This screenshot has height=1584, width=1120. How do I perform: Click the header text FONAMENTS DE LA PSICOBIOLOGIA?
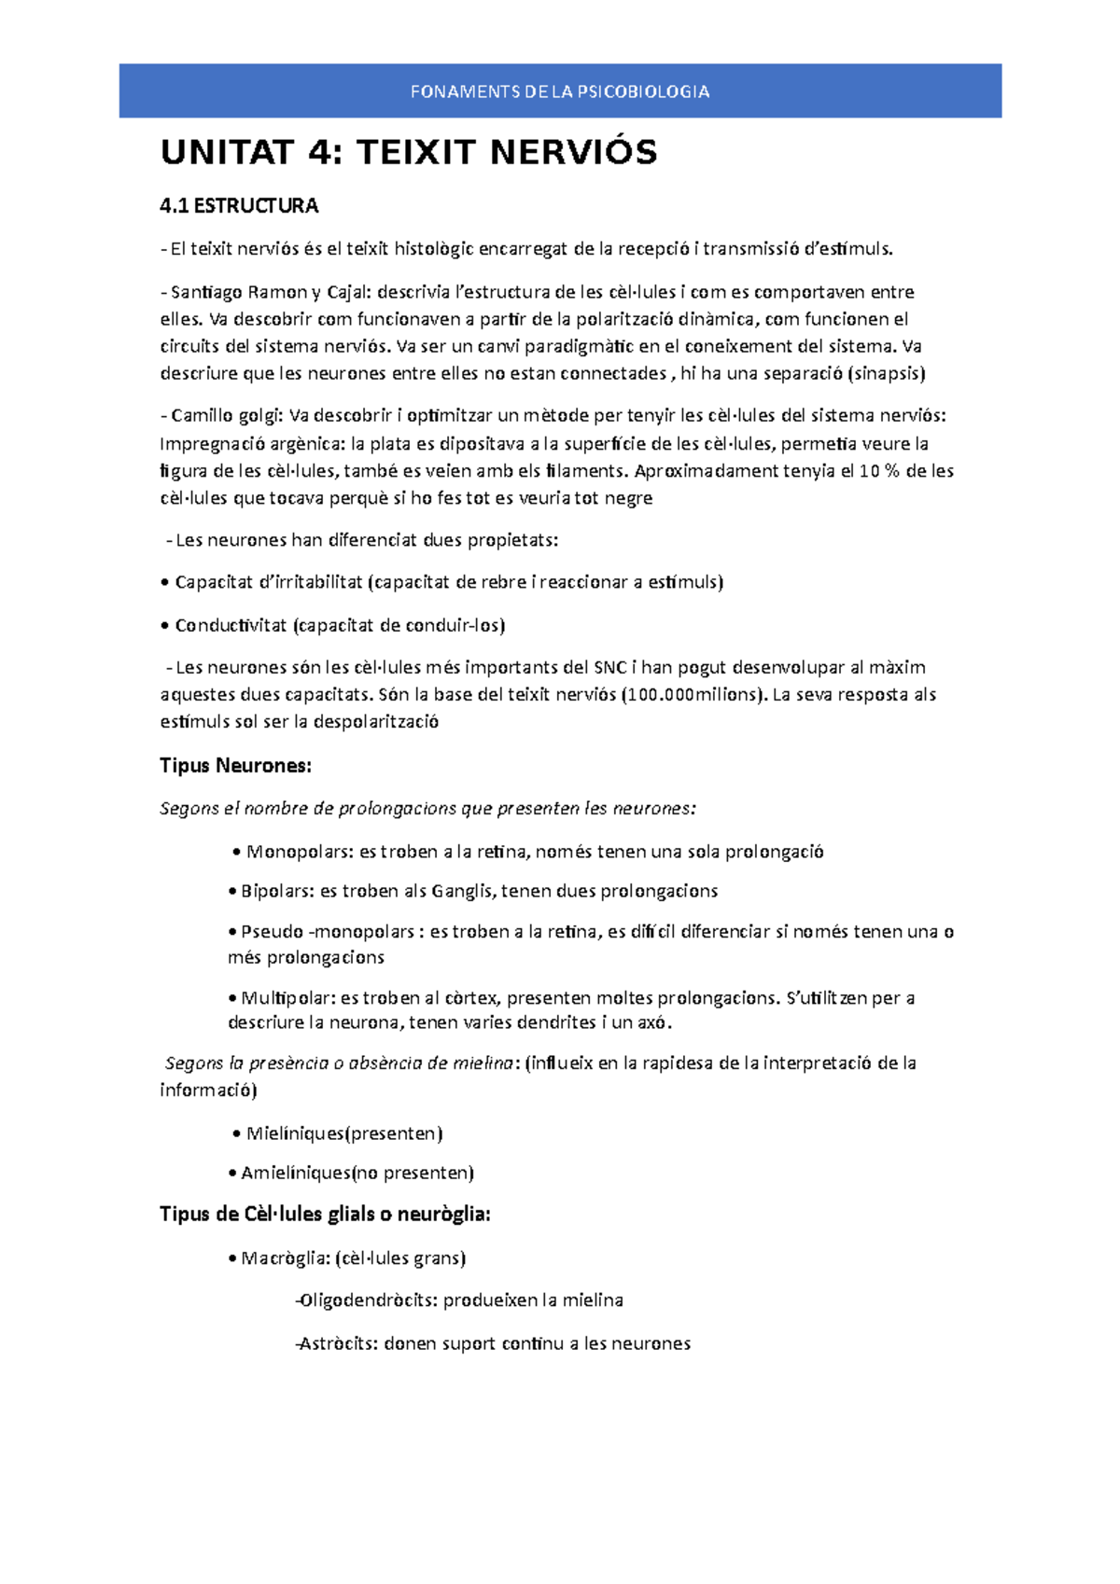(x=560, y=91)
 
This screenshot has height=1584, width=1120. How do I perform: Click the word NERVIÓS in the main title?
(x=573, y=152)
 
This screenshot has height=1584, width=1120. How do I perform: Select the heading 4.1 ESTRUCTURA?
(x=239, y=205)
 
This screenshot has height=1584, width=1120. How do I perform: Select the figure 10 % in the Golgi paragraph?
(x=879, y=471)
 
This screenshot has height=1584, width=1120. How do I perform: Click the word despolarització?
(x=376, y=722)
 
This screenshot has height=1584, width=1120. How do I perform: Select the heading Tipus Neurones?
(x=235, y=766)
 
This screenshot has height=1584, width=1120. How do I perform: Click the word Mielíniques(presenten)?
(x=343, y=1133)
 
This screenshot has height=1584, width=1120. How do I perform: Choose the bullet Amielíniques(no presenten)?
(x=357, y=1173)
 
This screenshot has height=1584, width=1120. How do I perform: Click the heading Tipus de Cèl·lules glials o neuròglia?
(x=325, y=1215)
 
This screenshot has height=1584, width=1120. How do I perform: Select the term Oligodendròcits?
(x=369, y=1300)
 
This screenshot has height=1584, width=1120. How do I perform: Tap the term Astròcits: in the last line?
(x=340, y=1344)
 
